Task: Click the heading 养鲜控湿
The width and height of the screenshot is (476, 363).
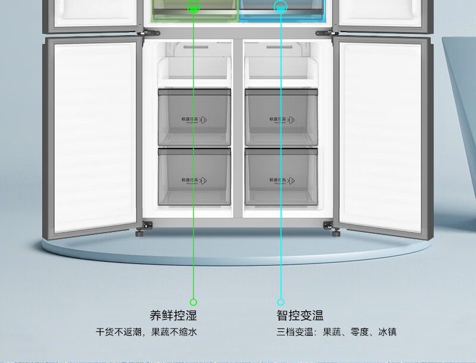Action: (x=173, y=315)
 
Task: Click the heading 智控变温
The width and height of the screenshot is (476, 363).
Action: (x=300, y=315)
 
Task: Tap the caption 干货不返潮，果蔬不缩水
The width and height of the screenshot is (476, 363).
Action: (x=146, y=332)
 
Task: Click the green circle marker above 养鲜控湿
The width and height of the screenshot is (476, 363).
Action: (x=193, y=302)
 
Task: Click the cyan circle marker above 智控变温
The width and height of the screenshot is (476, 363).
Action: (x=281, y=302)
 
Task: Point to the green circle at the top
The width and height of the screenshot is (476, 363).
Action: (x=194, y=7)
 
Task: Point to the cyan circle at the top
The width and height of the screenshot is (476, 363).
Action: (x=281, y=7)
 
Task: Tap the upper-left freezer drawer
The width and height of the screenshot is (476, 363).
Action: (x=194, y=117)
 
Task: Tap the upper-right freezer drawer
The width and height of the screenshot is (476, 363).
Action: (x=281, y=117)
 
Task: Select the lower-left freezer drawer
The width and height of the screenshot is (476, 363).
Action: (x=194, y=177)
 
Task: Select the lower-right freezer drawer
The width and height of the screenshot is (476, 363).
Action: (x=281, y=177)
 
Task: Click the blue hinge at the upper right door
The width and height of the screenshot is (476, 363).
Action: (x=325, y=26)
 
